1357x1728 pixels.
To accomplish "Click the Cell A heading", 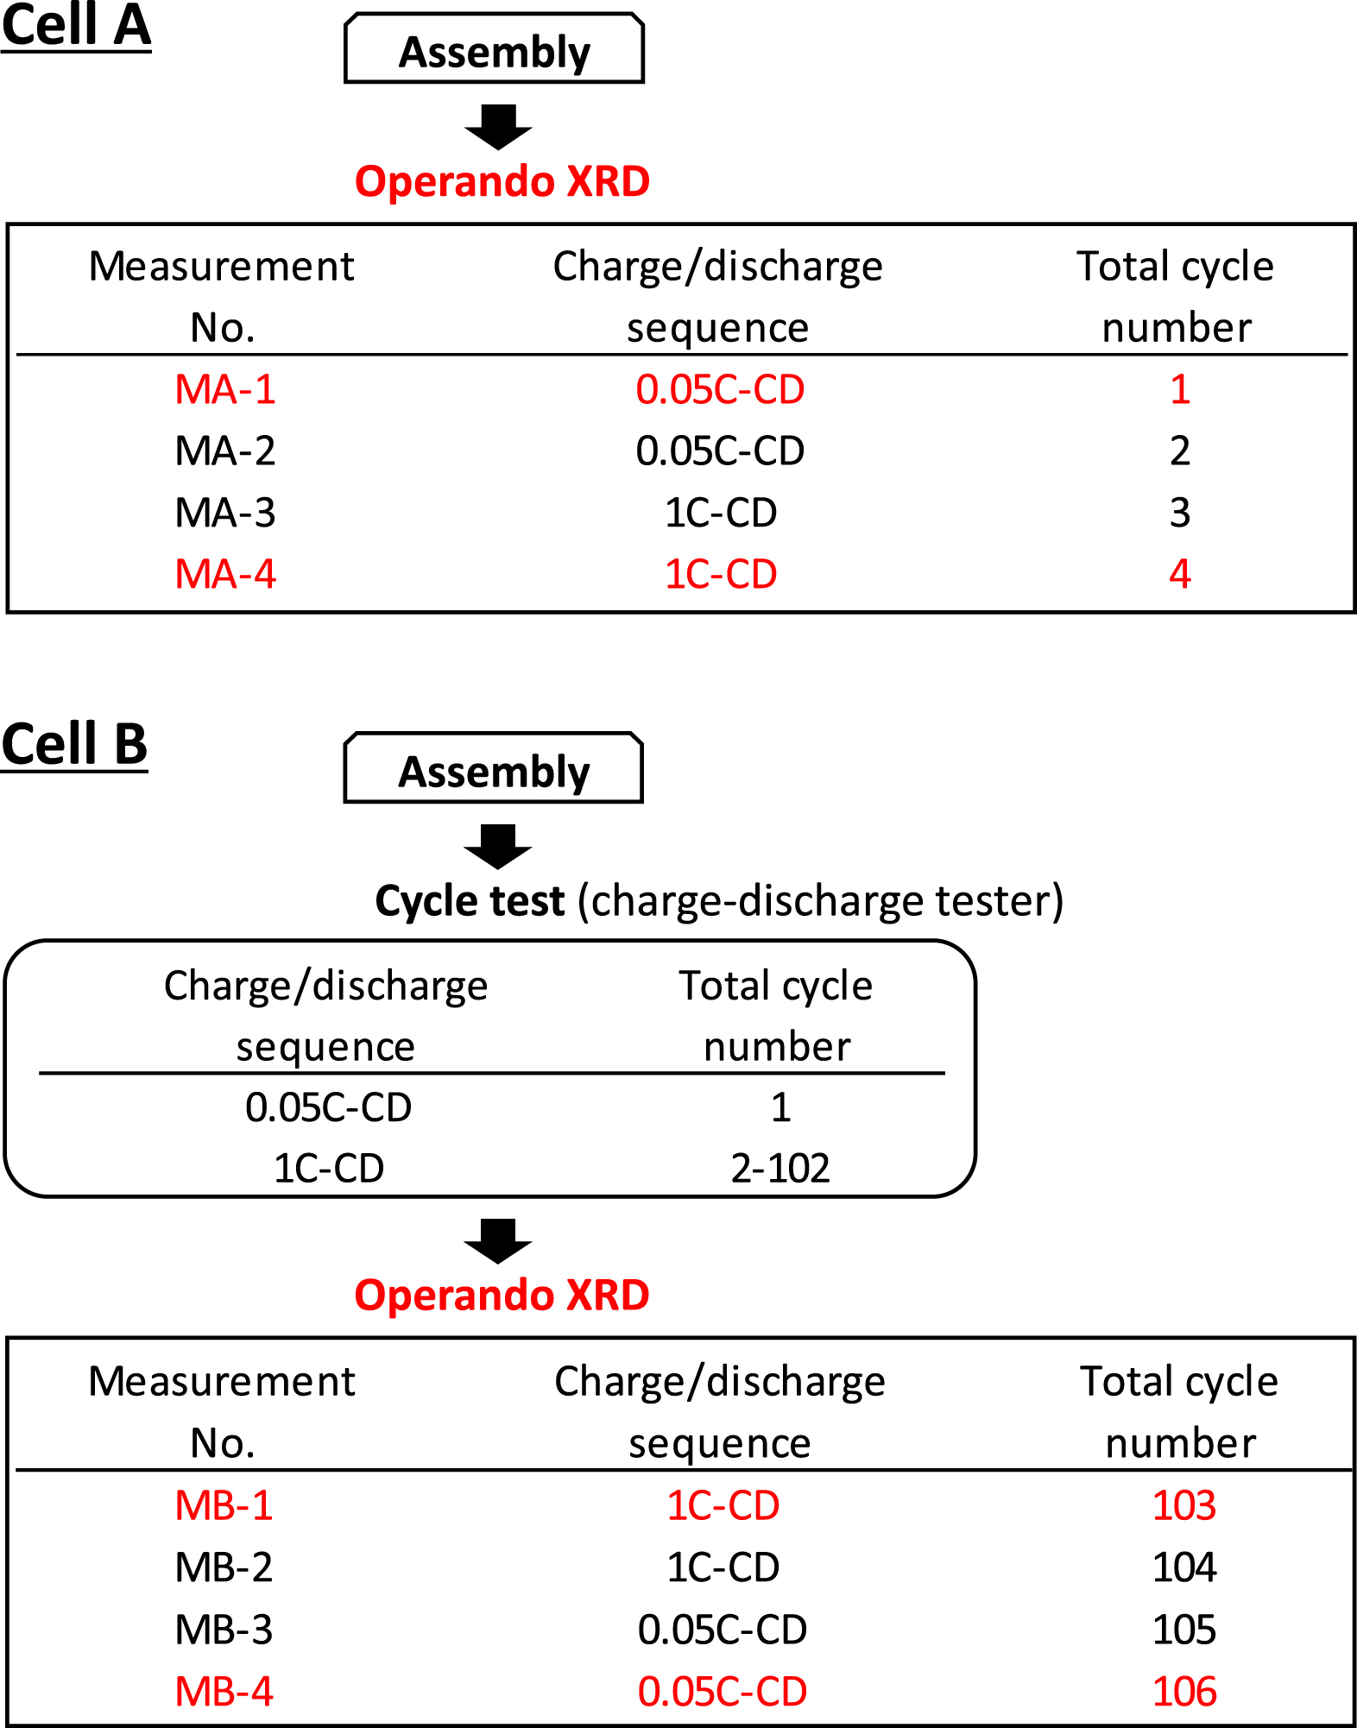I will (x=76, y=26).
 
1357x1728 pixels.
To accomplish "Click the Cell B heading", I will (x=74, y=744).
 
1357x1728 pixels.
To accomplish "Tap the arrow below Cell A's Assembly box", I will (x=498, y=127).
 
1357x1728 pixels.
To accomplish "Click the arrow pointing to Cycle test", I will (x=498, y=846).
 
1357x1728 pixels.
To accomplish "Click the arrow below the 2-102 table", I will (x=498, y=1240).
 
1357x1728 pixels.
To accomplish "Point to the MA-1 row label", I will (x=224, y=389).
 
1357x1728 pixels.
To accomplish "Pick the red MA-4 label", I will (x=224, y=574).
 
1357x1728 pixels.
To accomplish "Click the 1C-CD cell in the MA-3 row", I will (x=720, y=513).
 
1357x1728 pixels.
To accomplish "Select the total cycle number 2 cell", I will (x=1179, y=451).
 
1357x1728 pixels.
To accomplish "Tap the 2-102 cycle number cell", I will (x=780, y=1168).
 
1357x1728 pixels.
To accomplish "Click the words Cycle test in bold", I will (x=470, y=901).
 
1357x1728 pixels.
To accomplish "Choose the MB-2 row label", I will (x=224, y=1567).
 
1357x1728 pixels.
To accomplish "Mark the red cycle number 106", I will (x=1183, y=1691).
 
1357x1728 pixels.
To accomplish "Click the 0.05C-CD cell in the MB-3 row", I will (x=722, y=1630).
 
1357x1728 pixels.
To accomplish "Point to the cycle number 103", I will (x=1183, y=1505).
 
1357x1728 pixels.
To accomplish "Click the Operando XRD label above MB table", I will (x=502, y=1296).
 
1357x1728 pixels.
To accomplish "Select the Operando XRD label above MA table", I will (x=502, y=181).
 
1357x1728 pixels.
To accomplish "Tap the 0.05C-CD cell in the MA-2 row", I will (x=720, y=451).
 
